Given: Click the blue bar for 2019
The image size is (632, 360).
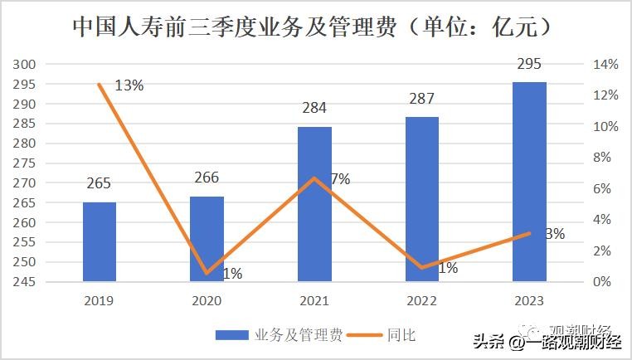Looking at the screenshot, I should point(100,241).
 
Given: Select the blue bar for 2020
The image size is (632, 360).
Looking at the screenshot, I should point(207,239).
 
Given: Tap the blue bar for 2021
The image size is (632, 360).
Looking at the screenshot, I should point(314,204).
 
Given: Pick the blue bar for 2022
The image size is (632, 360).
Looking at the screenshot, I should point(422,199).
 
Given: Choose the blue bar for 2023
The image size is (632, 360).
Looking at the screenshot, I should point(529,182).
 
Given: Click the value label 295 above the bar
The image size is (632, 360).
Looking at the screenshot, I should point(529,64).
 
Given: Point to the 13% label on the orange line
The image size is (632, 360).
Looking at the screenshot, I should point(129,85).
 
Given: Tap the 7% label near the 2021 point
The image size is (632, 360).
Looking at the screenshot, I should point(340,178).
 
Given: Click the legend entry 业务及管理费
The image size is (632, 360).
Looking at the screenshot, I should point(279,335).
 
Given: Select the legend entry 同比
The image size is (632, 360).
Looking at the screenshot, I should point(381,335).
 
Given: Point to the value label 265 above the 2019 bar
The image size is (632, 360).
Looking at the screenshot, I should point(99,183).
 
